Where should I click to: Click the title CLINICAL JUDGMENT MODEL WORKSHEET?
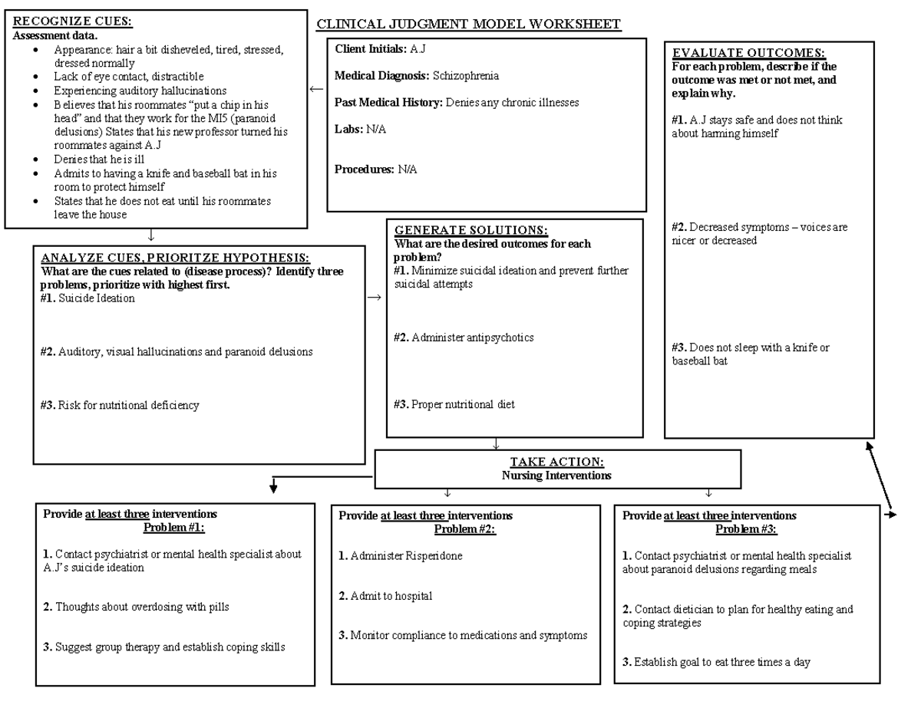coord(469,25)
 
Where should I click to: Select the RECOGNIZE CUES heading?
coord(73,22)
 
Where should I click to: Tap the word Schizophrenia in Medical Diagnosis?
coord(465,76)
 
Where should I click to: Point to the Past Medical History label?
coord(388,103)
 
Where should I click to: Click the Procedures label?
coord(364,170)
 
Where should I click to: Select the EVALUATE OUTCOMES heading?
coord(748,53)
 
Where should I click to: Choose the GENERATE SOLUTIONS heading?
coord(470,231)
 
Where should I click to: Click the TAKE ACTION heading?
coord(556,462)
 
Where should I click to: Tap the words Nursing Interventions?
coord(556,476)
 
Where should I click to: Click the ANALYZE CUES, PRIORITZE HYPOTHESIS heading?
coord(175,258)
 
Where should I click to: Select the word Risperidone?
coord(432,556)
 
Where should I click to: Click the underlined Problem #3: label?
coord(746,529)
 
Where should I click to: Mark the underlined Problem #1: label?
coord(174,527)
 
